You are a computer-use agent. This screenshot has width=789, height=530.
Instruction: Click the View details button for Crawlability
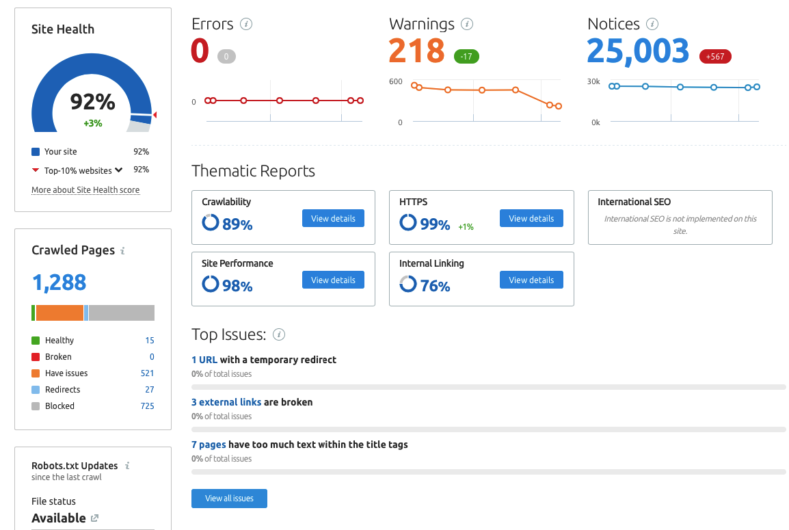point(333,218)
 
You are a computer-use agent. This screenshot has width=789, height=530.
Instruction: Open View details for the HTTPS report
point(531,218)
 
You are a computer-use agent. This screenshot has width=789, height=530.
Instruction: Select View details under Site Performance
point(333,280)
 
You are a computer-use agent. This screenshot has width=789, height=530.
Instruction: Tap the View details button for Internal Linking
point(531,280)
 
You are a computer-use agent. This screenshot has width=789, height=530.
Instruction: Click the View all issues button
point(229,499)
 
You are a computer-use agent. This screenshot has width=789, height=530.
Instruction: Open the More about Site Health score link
point(85,190)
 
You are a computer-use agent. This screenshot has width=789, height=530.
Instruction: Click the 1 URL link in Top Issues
point(204,360)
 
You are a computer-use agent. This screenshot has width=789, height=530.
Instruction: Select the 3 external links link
point(226,402)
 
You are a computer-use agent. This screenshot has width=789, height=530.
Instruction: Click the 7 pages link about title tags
point(209,445)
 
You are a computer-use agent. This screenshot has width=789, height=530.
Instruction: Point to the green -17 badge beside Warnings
point(466,56)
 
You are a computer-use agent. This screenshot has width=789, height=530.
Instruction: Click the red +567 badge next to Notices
point(715,56)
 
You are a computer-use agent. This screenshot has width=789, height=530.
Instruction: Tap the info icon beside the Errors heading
point(246,24)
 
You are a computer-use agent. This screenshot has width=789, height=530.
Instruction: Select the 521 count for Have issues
point(147,373)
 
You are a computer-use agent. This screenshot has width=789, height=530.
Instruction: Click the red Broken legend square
point(36,357)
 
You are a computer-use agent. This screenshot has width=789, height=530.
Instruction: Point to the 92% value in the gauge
point(92,102)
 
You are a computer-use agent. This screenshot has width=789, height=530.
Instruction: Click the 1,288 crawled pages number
point(59,282)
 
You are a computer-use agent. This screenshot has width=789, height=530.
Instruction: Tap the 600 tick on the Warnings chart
point(395,81)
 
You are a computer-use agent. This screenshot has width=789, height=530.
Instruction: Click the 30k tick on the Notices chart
point(593,81)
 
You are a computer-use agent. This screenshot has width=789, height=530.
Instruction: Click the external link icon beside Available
point(94,518)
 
